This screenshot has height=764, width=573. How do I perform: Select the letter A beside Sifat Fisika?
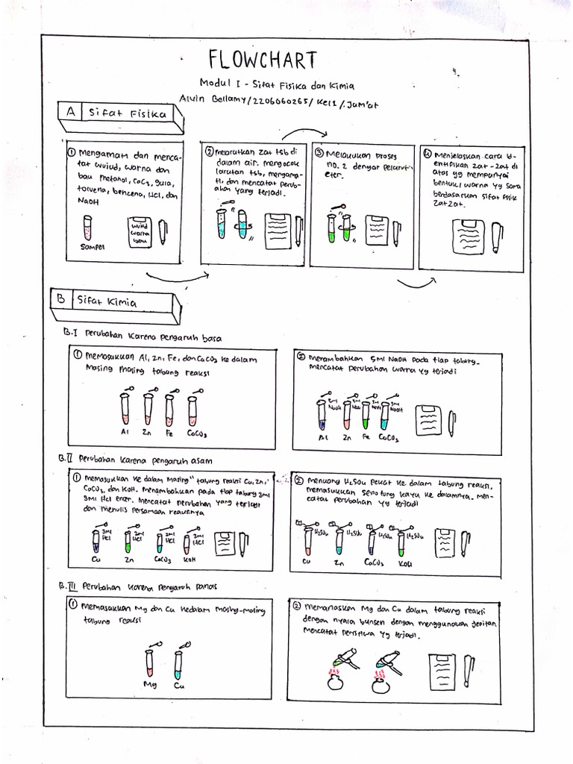click(69, 111)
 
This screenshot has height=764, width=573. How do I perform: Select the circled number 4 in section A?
click(427, 155)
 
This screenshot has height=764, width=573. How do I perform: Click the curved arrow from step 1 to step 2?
click(176, 278)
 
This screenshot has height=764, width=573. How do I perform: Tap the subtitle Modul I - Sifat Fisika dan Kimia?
click(277, 86)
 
